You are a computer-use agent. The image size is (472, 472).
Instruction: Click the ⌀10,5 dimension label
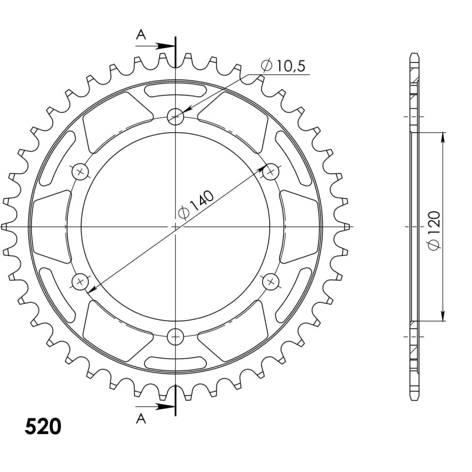coord(283,66)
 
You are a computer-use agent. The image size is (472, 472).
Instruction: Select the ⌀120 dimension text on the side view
coord(434,230)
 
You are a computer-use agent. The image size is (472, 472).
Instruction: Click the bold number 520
coord(43,427)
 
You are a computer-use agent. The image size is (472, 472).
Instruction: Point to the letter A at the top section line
coord(141,35)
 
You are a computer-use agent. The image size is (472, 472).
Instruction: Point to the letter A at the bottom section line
coord(141,418)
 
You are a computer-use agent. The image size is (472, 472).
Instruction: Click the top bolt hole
coord(175,116)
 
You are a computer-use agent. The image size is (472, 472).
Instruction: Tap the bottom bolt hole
coord(175,336)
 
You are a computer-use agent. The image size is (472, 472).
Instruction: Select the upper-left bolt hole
coord(80,172)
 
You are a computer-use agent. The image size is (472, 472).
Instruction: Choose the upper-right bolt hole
coord(271,172)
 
